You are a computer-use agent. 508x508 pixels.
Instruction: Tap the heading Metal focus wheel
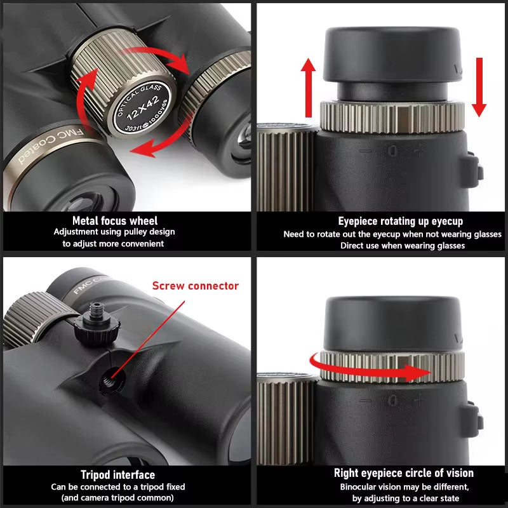(115, 221)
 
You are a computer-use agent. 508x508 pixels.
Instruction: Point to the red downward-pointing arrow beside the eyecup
(479, 86)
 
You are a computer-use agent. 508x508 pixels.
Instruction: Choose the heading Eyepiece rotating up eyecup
(392, 222)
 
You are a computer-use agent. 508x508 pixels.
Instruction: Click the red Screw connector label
(196, 286)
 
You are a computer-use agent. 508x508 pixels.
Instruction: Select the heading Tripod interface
(117, 474)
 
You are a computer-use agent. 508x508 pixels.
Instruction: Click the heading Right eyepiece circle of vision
(403, 473)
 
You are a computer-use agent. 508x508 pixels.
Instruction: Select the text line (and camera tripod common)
(118, 498)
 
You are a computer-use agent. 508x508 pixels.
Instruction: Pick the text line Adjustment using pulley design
(115, 232)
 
